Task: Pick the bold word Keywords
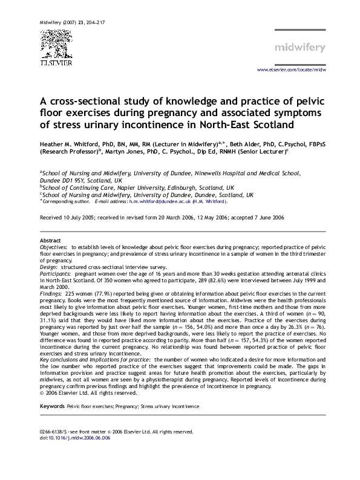coord(52,407)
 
